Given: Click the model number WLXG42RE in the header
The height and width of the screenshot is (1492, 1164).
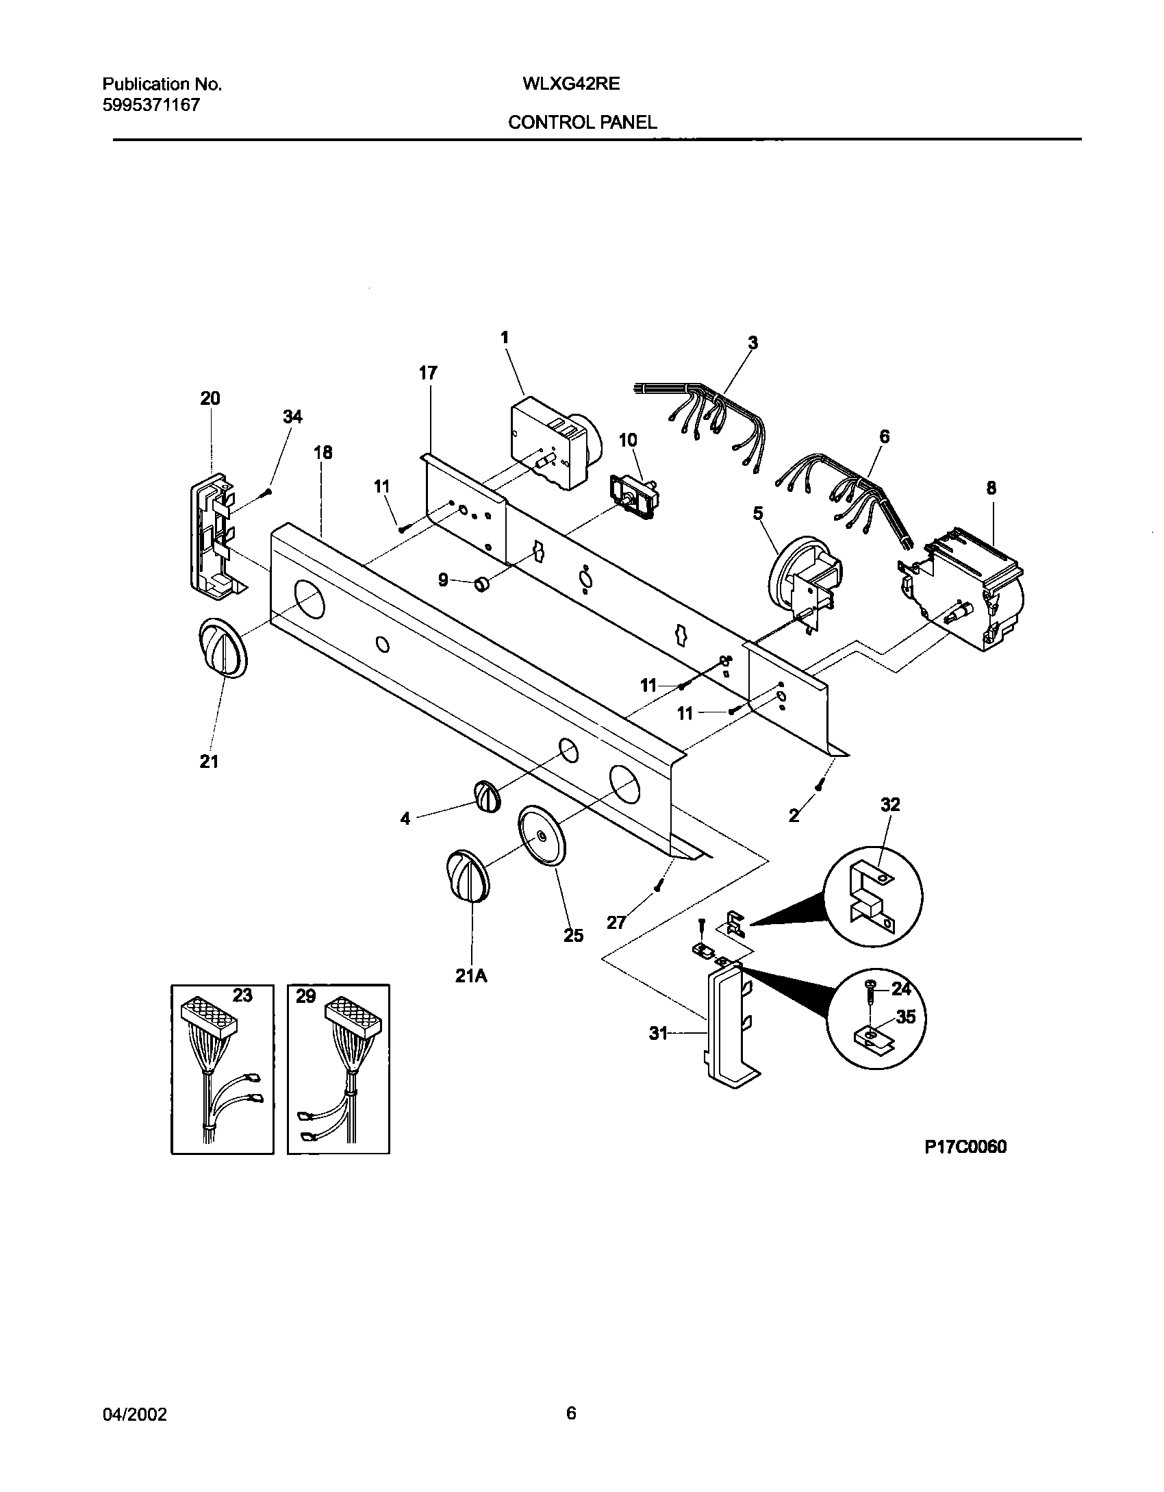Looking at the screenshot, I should [571, 84].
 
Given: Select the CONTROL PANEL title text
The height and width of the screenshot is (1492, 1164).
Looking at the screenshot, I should [582, 123].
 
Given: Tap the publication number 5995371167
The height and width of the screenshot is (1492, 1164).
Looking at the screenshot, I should [151, 105].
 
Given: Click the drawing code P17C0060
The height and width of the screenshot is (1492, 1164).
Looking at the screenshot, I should [965, 1147].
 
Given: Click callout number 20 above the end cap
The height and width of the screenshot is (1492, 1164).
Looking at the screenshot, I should [210, 398].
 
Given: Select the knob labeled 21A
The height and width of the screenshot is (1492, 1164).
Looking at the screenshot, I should [468, 876].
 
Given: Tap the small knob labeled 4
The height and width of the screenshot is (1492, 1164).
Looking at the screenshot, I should [486, 796].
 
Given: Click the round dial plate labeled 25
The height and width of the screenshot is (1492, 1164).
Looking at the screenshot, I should [542, 836].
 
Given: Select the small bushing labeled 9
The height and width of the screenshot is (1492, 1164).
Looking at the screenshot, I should [483, 584].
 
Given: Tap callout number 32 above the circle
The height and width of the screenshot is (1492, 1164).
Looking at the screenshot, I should [889, 804].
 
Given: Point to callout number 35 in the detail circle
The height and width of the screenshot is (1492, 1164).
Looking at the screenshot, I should [905, 1017].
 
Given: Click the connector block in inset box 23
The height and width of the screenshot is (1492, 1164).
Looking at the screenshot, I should [209, 1019].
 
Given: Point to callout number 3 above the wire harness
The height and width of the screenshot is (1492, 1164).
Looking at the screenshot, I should [752, 343].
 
